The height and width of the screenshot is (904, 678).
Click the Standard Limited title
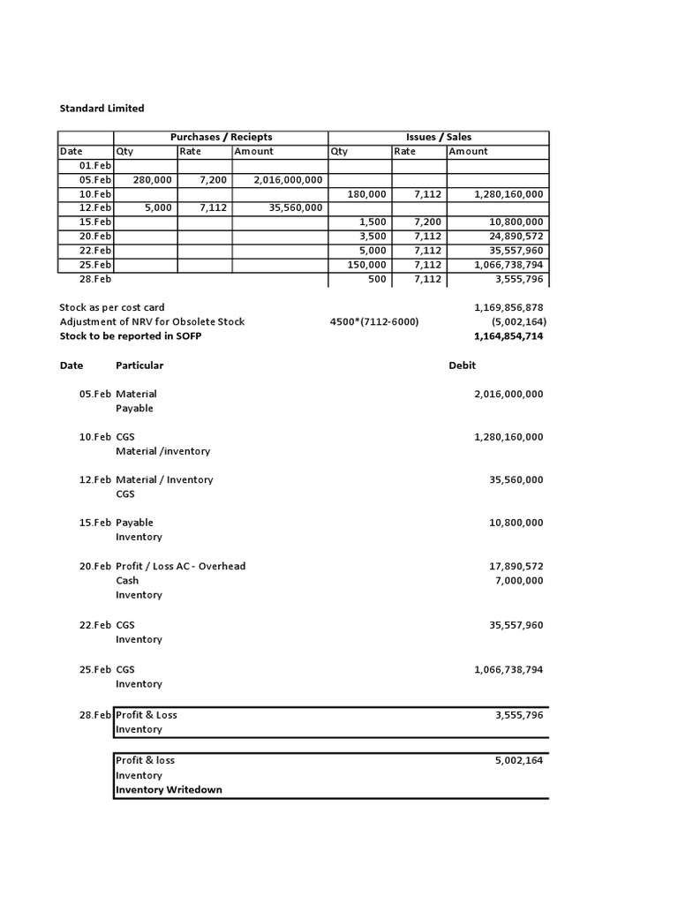(x=102, y=108)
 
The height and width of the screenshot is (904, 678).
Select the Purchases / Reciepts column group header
(x=221, y=137)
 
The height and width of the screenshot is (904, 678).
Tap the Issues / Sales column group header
(x=439, y=137)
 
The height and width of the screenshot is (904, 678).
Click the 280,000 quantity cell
(x=152, y=179)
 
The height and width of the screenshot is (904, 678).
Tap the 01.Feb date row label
(x=95, y=165)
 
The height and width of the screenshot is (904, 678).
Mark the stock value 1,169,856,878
(x=508, y=307)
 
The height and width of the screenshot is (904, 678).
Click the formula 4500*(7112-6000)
(x=374, y=321)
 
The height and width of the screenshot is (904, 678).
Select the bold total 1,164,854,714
(x=508, y=336)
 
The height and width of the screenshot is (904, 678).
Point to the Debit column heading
(x=463, y=365)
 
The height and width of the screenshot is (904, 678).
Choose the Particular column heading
(x=139, y=365)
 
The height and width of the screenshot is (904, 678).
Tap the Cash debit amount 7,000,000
(x=520, y=581)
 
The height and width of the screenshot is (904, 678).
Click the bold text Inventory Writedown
(x=169, y=790)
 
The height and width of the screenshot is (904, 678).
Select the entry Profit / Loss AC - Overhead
(x=181, y=566)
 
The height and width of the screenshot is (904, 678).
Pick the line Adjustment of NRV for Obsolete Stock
(x=152, y=321)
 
